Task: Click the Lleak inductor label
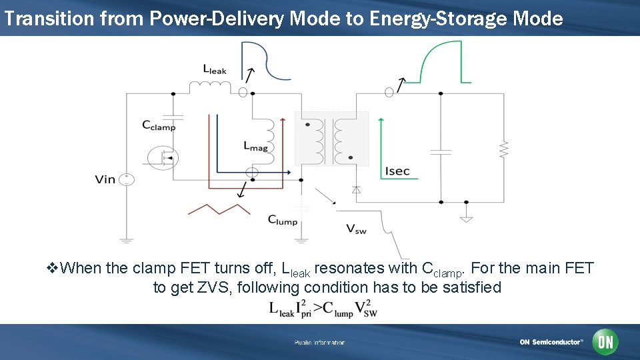215,69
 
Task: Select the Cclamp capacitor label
159,125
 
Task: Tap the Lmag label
256,145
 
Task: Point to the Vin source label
105,179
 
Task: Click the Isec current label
397,171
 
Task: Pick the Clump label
283,220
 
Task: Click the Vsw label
356,229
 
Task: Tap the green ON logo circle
605,342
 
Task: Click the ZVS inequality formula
323,309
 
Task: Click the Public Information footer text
319,343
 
